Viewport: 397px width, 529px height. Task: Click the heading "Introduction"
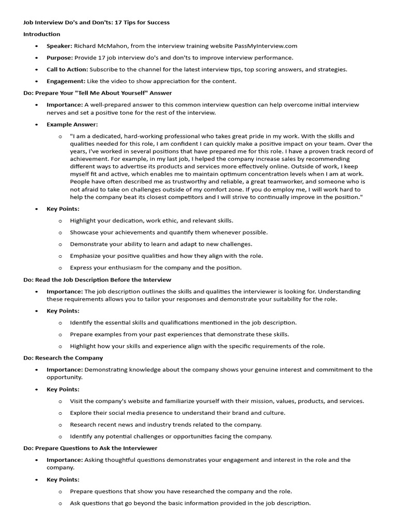coord(41,34)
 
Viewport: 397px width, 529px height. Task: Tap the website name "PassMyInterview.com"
coord(266,46)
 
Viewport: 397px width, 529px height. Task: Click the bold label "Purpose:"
coord(59,58)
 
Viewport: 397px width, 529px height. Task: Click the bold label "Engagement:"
coord(66,81)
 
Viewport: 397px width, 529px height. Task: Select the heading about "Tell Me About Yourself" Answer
coord(98,93)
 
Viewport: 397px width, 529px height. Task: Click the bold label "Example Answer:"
coord(72,125)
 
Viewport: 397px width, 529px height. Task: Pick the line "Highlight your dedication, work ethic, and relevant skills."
coord(151,221)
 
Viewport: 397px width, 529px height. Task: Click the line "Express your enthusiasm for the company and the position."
coord(156,268)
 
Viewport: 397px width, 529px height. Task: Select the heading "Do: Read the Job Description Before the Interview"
coord(97,279)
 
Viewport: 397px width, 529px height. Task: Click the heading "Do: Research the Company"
coord(63,357)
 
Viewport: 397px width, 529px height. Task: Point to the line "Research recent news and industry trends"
coord(166,425)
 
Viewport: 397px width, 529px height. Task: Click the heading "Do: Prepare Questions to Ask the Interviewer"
coord(90,448)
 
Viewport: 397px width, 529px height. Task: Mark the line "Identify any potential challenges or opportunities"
coord(171,436)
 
